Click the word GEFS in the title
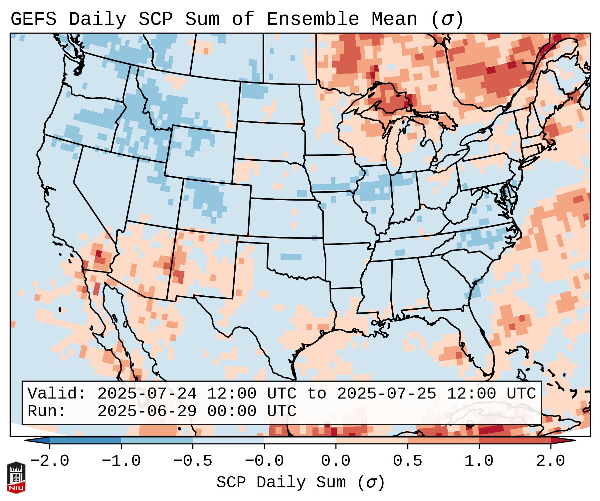[x=33, y=19]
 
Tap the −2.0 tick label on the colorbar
[x=50, y=461]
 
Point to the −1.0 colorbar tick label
[x=121, y=461]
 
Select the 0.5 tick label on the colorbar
[x=407, y=461]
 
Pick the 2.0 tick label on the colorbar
[x=550, y=461]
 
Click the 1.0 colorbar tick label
[x=479, y=461]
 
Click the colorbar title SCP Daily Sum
[x=281, y=482]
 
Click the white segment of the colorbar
[x=300, y=440]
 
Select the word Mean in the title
[x=394, y=19]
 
